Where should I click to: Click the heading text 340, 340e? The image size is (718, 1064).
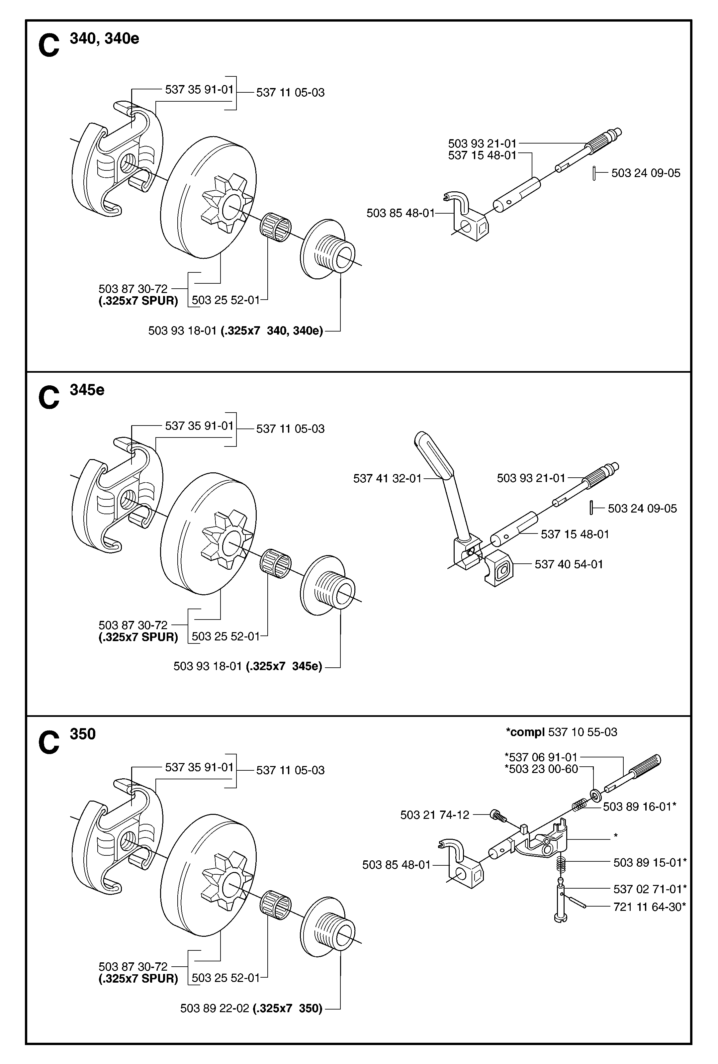(104, 39)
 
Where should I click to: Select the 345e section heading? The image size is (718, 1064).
(87, 390)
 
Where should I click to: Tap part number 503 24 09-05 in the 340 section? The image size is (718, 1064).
(646, 173)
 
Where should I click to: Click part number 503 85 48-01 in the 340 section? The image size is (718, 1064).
(401, 213)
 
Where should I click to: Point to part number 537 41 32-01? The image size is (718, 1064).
(387, 478)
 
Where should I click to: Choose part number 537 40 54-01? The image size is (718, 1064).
(569, 564)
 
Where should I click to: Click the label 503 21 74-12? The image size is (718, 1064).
(435, 815)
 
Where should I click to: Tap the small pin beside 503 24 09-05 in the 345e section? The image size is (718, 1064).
(592, 508)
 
